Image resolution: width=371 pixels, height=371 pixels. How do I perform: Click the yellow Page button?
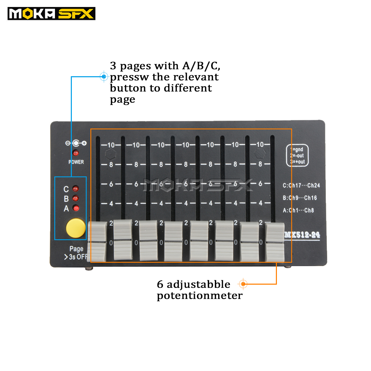click(76, 228)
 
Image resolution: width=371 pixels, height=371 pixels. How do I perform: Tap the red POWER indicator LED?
click(76, 153)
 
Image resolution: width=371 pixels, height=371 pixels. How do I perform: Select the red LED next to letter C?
click(76, 189)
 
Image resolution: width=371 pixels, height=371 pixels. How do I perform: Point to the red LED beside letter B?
click(76, 198)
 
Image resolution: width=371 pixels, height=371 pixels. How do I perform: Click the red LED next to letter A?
click(76, 208)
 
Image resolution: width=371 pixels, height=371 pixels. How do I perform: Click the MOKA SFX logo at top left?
click(51, 14)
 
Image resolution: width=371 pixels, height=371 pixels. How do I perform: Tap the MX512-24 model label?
click(302, 235)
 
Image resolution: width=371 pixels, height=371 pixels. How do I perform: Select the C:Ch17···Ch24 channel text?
click(301, 185)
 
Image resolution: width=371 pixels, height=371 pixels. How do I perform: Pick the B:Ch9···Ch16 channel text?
click(300, 198)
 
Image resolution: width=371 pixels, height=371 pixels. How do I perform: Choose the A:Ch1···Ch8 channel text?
click(298, 210)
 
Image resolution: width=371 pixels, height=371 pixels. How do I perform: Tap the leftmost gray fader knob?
click(97, 241)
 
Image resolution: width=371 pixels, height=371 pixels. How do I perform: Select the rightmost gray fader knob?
click(275, 242)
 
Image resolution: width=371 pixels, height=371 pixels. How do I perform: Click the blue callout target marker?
click(104, 77)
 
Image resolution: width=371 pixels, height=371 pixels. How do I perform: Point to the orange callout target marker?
click(243, 284)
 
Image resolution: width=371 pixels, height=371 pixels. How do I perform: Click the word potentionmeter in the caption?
click(200, 296)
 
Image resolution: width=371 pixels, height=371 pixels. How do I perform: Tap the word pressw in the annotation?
click(129, 77)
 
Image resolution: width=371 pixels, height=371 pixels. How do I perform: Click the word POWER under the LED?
click(76, 162)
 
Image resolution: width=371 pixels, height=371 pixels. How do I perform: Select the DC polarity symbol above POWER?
click(76, 143)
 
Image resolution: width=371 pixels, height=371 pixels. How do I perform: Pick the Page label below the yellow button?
click(76, 249)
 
